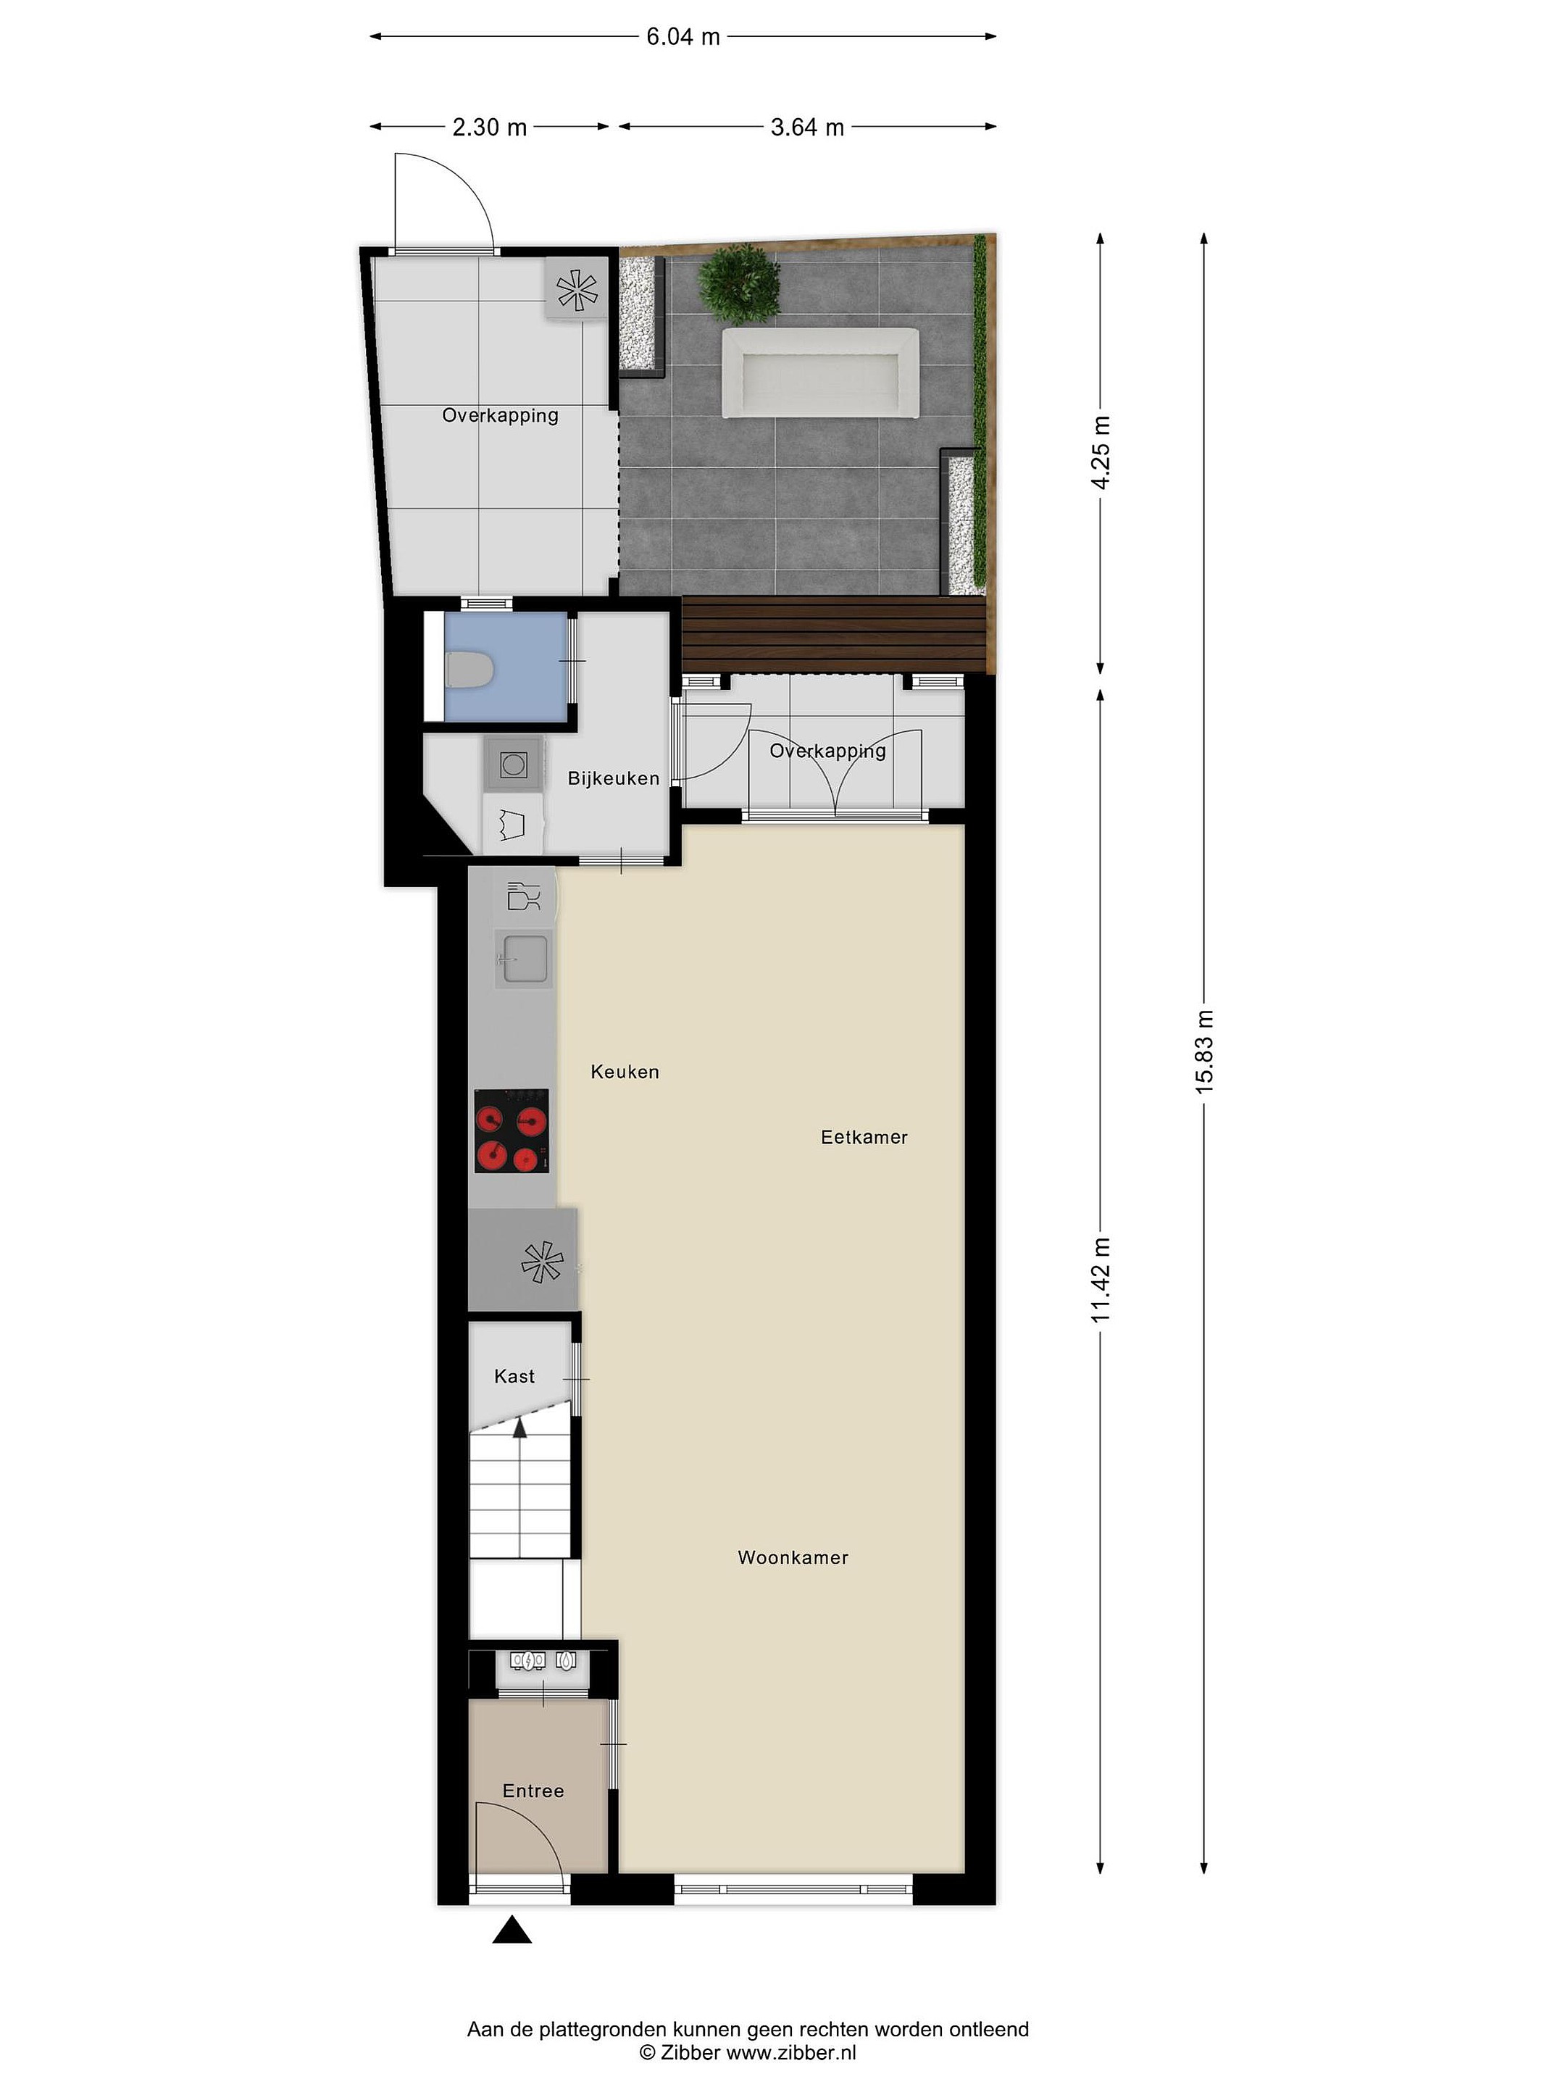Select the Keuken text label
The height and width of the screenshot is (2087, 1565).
pyautogui.click(x=625, y=1072)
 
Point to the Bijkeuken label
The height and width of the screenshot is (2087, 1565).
pyautogui.click(x=613, y=778)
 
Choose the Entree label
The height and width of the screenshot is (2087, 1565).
pyautogui.click(x=533, y=1791)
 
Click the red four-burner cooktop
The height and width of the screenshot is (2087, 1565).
pyautogui.click(x=512, y=1130)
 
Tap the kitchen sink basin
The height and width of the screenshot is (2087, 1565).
pyautogui.click(x=524, y=959)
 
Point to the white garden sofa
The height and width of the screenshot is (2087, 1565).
pyautogui.click(x=819, y=372)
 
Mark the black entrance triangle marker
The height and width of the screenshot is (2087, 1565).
pyautogui.click(x=512, y=1930)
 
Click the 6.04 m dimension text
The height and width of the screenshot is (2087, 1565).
pyautogui.click(x=683, y=37)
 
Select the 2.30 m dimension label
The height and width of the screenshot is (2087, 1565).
pyautogui.click(x=490, y=126)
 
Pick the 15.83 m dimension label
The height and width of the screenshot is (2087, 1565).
pyautogui.click(x=1205, y=1051)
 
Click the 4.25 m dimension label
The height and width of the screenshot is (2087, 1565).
pyautogui.click(x=1100, y=451)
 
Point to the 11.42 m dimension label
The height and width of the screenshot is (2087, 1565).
pyautogui.click(x=1100, y=1279)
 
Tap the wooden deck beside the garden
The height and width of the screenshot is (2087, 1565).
pyautogui.click(x=834, y=634)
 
